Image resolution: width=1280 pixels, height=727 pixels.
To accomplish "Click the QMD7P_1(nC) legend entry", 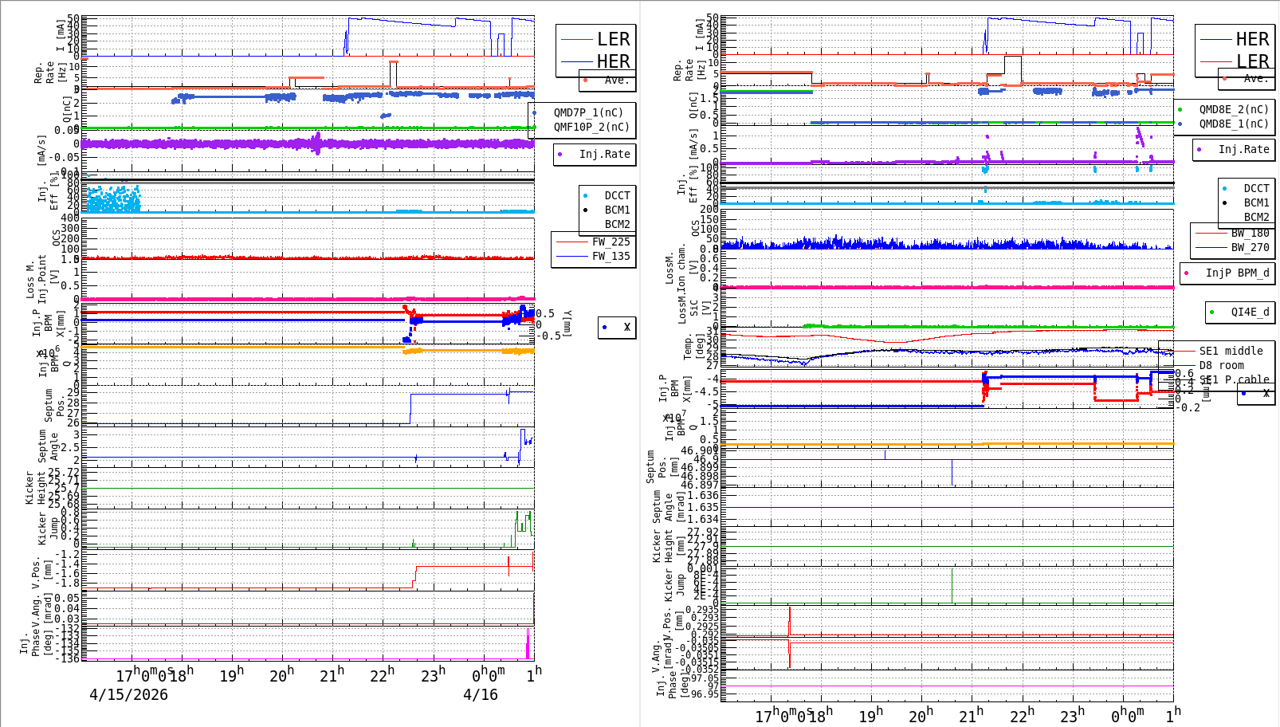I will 588,112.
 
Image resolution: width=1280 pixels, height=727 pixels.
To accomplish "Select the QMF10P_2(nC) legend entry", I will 591,127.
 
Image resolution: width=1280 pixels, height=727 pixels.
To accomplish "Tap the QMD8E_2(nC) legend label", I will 1233,109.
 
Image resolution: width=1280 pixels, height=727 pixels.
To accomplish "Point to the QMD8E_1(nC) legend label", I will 1233,124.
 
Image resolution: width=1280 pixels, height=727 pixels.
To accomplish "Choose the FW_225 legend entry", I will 610,242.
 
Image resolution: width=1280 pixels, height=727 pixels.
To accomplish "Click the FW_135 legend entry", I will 610,256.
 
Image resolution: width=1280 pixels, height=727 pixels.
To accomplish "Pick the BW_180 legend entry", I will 1249,233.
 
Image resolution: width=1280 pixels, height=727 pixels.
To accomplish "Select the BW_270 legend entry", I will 1249,247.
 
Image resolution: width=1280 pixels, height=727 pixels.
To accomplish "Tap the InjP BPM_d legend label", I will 1236,273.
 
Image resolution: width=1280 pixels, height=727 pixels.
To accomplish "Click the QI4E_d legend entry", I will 1249,312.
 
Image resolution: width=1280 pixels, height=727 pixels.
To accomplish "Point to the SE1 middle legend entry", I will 1231,351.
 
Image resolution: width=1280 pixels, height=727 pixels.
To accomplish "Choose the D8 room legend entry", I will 1221,365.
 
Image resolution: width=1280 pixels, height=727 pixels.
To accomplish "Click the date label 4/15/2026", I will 128,694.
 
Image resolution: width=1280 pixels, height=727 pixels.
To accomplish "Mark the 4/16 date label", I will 481,694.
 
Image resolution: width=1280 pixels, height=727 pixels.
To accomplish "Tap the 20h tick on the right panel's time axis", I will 921,715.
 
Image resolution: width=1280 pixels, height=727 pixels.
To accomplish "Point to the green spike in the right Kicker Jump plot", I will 952,585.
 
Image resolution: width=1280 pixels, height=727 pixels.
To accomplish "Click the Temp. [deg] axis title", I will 693,347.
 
